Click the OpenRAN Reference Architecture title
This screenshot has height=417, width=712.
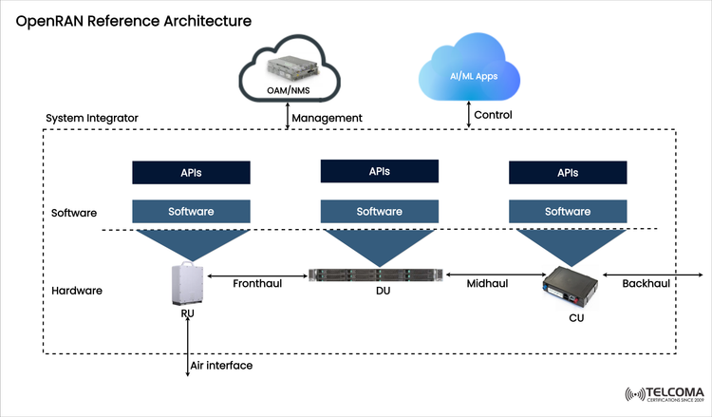(x=133, y=20)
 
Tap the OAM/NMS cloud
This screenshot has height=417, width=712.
(x=289, y=71)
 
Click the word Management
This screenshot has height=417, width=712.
(x=328, y=117)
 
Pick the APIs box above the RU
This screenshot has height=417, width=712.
(x=191, y=173)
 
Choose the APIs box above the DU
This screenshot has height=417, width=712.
(x=379, y=172)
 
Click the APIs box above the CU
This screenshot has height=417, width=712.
(x=568, y=173)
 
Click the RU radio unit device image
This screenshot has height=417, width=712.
(x=186, y=285)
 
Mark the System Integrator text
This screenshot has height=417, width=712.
(x=92, y=118)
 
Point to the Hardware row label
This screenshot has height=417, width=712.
(x=76, y=289)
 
